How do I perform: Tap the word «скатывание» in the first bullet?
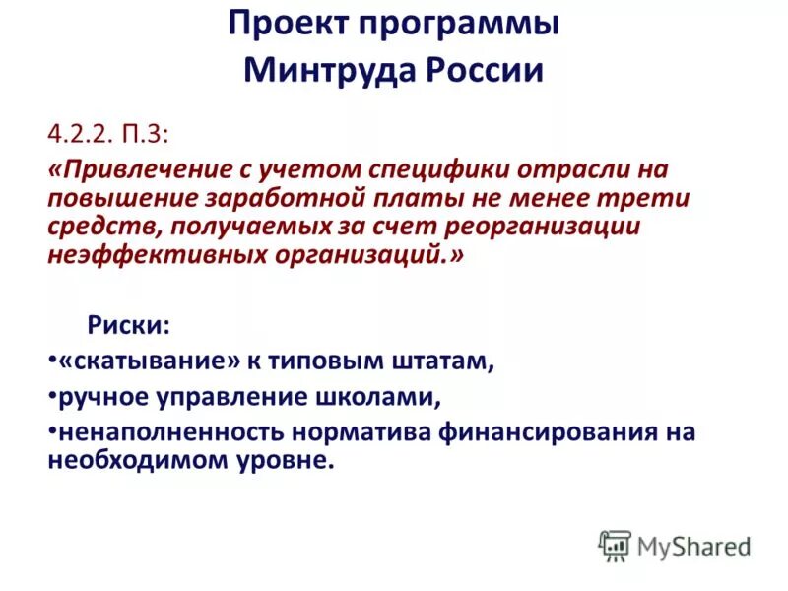click(150, 361)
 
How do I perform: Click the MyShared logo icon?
click(615, 545)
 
